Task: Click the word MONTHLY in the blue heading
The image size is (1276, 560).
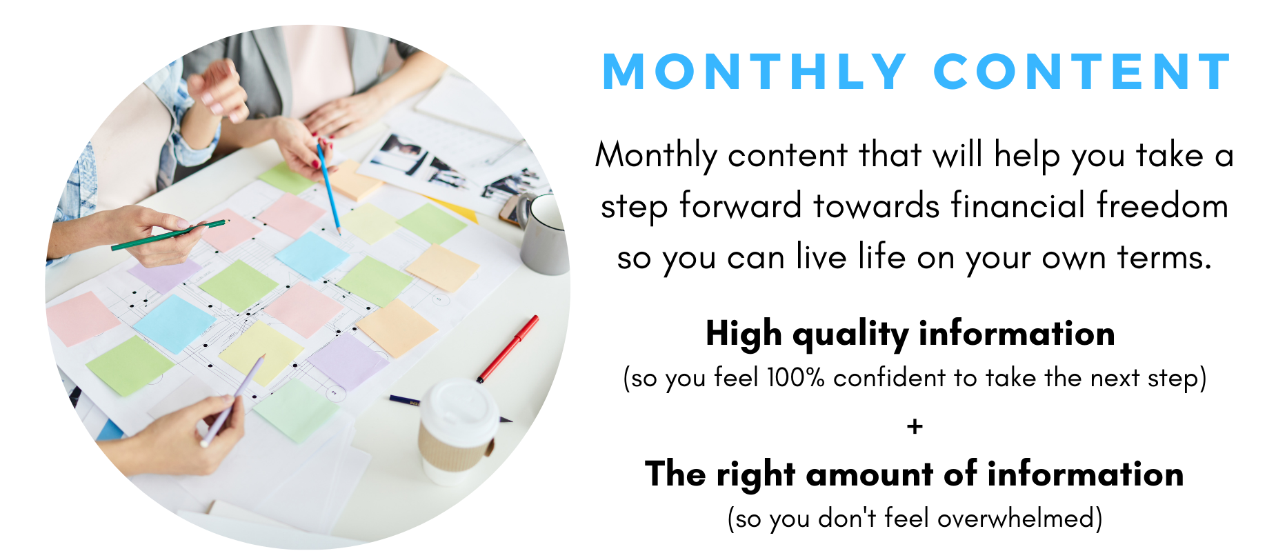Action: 755,72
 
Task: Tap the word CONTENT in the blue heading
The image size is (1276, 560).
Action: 1083,72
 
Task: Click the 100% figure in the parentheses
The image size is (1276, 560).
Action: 795,378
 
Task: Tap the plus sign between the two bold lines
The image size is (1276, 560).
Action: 915,426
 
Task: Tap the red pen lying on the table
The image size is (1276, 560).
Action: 508,349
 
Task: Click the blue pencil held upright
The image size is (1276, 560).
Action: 328,187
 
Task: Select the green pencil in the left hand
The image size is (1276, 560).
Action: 170,234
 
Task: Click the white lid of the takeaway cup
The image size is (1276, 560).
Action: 459,408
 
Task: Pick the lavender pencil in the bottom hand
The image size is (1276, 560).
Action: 232,401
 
